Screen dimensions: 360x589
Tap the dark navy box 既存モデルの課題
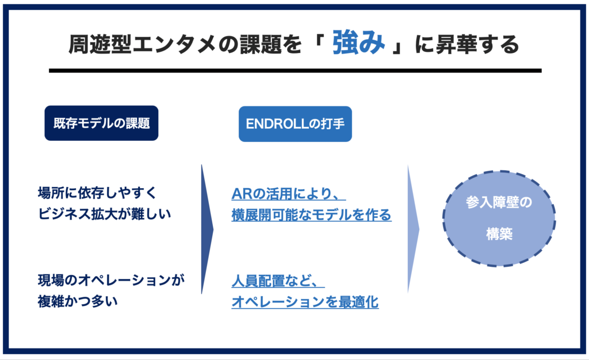point(101,123)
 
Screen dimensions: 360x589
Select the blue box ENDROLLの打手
point(295,123)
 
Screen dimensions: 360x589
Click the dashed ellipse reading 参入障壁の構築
point(499,218)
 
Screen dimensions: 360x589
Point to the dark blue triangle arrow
point(207,229)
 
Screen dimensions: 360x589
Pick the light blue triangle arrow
point(413,229)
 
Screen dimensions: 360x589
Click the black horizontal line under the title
point(295,71)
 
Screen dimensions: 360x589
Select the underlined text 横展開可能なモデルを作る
point(311,215)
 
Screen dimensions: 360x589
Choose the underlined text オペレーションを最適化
point(305,302)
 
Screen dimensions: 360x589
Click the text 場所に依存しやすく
point(96,192)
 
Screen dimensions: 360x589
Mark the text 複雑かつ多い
point(78,301)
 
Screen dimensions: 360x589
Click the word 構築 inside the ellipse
point(499,235)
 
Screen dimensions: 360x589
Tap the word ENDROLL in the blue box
point(272,123)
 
